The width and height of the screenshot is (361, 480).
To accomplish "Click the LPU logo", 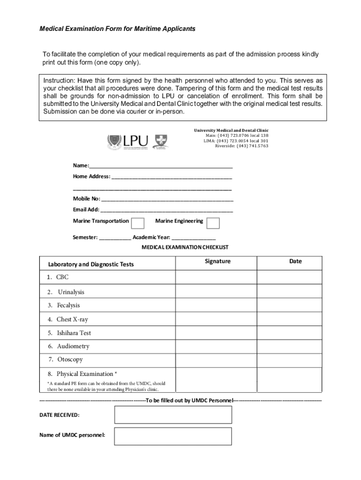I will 128,142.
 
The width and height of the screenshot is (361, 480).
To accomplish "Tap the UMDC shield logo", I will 161,142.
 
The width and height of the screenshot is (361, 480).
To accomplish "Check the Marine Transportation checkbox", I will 138,223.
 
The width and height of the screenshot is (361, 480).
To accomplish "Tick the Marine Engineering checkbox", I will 213,223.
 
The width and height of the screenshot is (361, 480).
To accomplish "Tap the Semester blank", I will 115,238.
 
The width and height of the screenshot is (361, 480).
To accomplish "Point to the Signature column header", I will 218,262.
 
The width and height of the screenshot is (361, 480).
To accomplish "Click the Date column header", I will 295,262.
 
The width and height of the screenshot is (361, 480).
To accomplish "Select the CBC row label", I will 62,277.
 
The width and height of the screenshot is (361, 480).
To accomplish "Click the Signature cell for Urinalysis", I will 218,292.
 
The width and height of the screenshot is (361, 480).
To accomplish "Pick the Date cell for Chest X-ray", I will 289,319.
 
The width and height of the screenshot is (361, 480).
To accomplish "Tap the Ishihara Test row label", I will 74,333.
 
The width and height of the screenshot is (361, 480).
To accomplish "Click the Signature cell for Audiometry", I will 218,346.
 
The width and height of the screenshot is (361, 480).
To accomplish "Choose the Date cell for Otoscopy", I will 289,360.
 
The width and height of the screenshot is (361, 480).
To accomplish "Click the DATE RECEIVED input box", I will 173,415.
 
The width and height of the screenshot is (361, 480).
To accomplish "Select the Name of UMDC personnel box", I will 173,436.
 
